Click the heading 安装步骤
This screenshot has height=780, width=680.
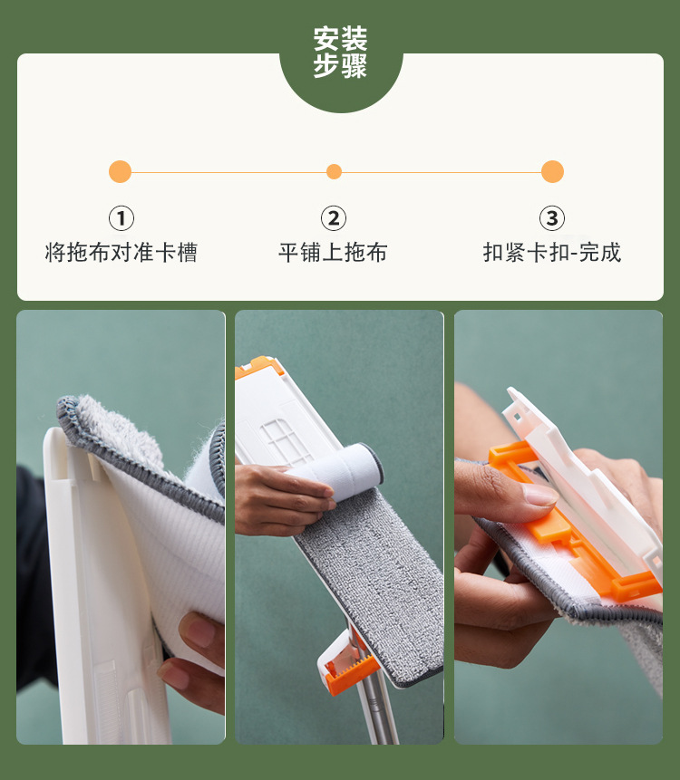[341, 53]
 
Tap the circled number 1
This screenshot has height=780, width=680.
[121, 218]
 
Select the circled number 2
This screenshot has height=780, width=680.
[334, 218]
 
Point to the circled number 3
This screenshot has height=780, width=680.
[552, 218]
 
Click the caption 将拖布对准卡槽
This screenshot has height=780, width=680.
[121, 252]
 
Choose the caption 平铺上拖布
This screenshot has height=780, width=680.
[333, 252]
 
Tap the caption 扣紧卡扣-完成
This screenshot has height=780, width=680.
[552, 252]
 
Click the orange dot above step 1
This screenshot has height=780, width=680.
[120, 171]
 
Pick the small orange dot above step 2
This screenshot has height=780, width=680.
[334, 171]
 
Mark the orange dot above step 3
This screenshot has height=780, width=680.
[552, 171]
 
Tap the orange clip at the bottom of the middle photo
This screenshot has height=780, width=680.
[348, 673]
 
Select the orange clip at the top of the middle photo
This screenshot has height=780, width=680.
[259, 367]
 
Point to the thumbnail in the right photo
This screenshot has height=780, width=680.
[540, 495]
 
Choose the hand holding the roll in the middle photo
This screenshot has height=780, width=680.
[281, 500]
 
